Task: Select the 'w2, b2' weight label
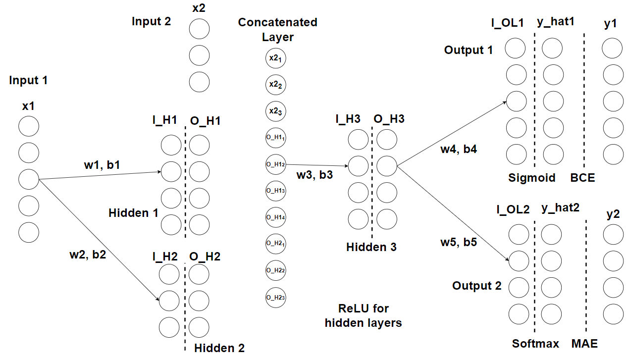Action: pos(88,256)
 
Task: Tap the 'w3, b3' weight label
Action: pos(314,175)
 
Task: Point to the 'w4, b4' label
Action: pos(459,149)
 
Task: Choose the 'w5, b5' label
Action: pos(459,242)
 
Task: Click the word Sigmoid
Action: pos(532,178)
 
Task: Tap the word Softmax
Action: pos(535,344)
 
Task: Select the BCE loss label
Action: pos(582,178)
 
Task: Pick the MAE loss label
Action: pos(584,344)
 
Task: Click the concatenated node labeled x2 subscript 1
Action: pos(276,58)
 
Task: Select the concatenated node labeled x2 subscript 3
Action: pos(276,111)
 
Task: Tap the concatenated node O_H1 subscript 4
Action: pos(276,217)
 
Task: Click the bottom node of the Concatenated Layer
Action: pos(276,297)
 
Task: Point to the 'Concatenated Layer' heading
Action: pos(278,30)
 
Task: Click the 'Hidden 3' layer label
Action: pos(371,247)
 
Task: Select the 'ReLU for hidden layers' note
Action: pos(363,315)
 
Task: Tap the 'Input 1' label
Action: pos(28,80)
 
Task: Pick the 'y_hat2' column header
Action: pos(560,208)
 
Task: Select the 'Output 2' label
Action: pos(476,286)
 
